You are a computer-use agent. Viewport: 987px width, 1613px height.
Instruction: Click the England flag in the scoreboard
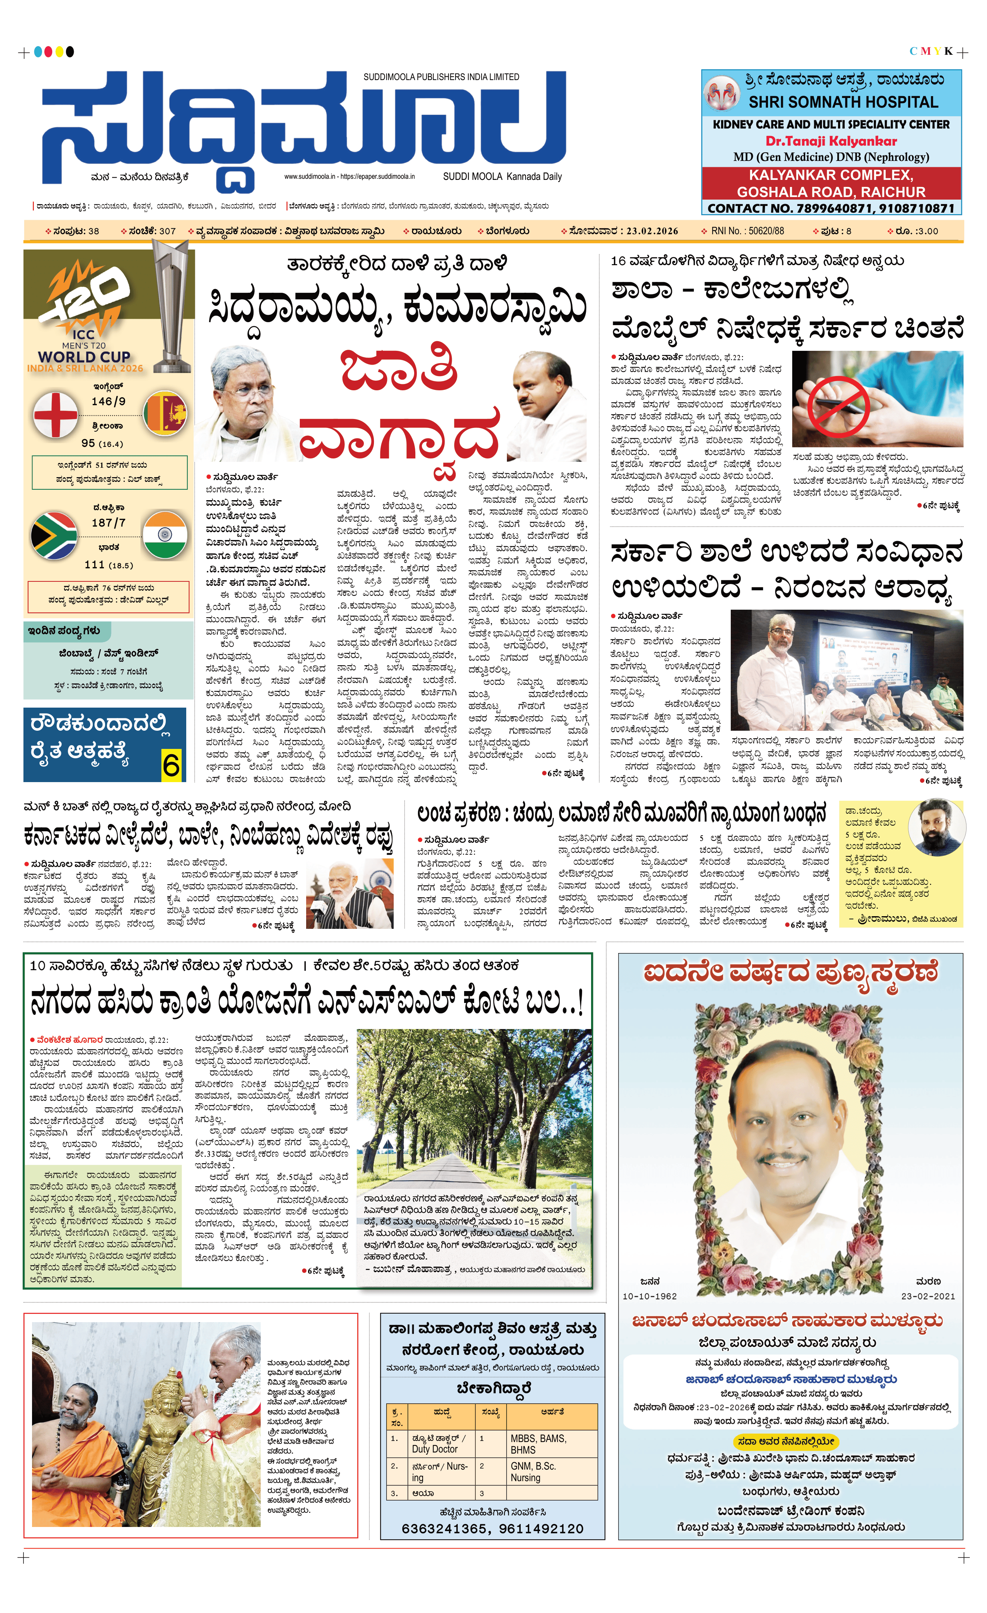pos(55,415)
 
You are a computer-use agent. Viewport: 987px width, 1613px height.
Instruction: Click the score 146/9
pos(109,401)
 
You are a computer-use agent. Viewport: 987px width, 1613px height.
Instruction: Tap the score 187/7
pos(109,523)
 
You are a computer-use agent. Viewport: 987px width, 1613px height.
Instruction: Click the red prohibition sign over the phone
pos(838,407)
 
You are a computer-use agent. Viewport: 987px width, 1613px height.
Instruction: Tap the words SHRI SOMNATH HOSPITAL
pos(843,102)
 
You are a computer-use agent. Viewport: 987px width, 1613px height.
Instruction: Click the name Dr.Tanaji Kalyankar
pos(831,141)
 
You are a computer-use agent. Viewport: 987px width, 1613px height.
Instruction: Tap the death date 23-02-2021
pos(927,1296)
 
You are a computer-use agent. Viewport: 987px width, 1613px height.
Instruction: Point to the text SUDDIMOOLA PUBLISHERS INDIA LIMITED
pos(441,77)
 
